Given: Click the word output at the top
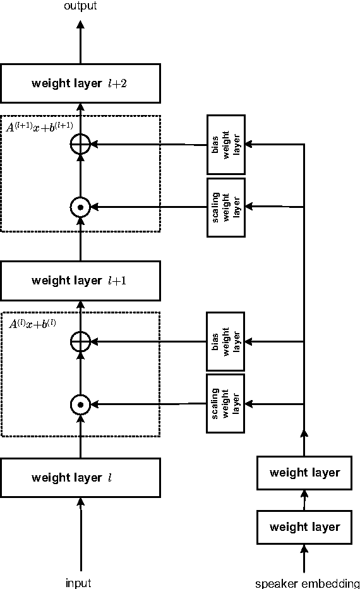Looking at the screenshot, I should pos(80,6).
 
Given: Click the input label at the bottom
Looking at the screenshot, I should pos(78,583).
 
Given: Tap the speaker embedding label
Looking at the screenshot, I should pos(307,583).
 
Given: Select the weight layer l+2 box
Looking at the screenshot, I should pos(80,83).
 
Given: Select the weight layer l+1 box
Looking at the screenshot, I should pos(80,281).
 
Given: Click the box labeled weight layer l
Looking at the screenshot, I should pos(80,478).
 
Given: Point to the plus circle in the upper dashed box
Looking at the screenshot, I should pos(80,145).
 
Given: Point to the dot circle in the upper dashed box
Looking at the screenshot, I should pos(80,207).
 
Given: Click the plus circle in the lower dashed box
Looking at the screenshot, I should pos(80,342).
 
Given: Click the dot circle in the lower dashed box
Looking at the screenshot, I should pos(80,404).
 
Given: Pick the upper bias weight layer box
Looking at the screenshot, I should pos(226,145).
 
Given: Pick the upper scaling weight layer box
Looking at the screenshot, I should pos(226,207).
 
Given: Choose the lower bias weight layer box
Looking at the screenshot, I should pos(226,342).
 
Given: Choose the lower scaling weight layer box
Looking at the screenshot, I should pos(226,403).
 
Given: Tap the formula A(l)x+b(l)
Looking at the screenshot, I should pos(33,324).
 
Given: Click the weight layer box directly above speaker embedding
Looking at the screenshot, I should pos(304,526).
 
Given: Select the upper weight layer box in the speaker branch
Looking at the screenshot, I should pos(304,472).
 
